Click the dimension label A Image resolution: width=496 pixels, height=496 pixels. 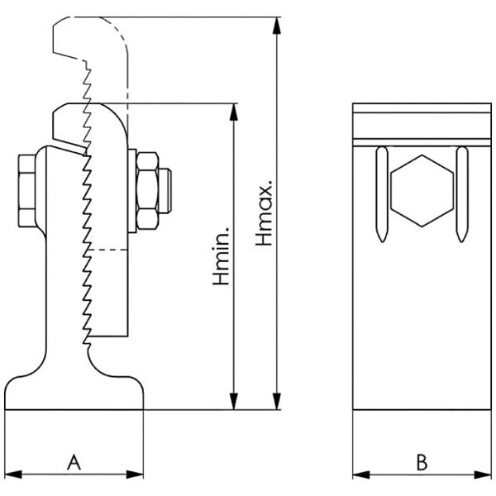coord(74,461)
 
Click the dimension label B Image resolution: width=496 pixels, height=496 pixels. coord(421,461)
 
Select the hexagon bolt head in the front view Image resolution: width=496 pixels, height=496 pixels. coord(422,190)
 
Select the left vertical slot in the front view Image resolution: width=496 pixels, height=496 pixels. coord(381,194)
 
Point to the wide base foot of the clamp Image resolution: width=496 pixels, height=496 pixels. coord(74,393)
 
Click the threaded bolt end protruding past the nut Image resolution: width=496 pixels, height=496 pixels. coord(167,189)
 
